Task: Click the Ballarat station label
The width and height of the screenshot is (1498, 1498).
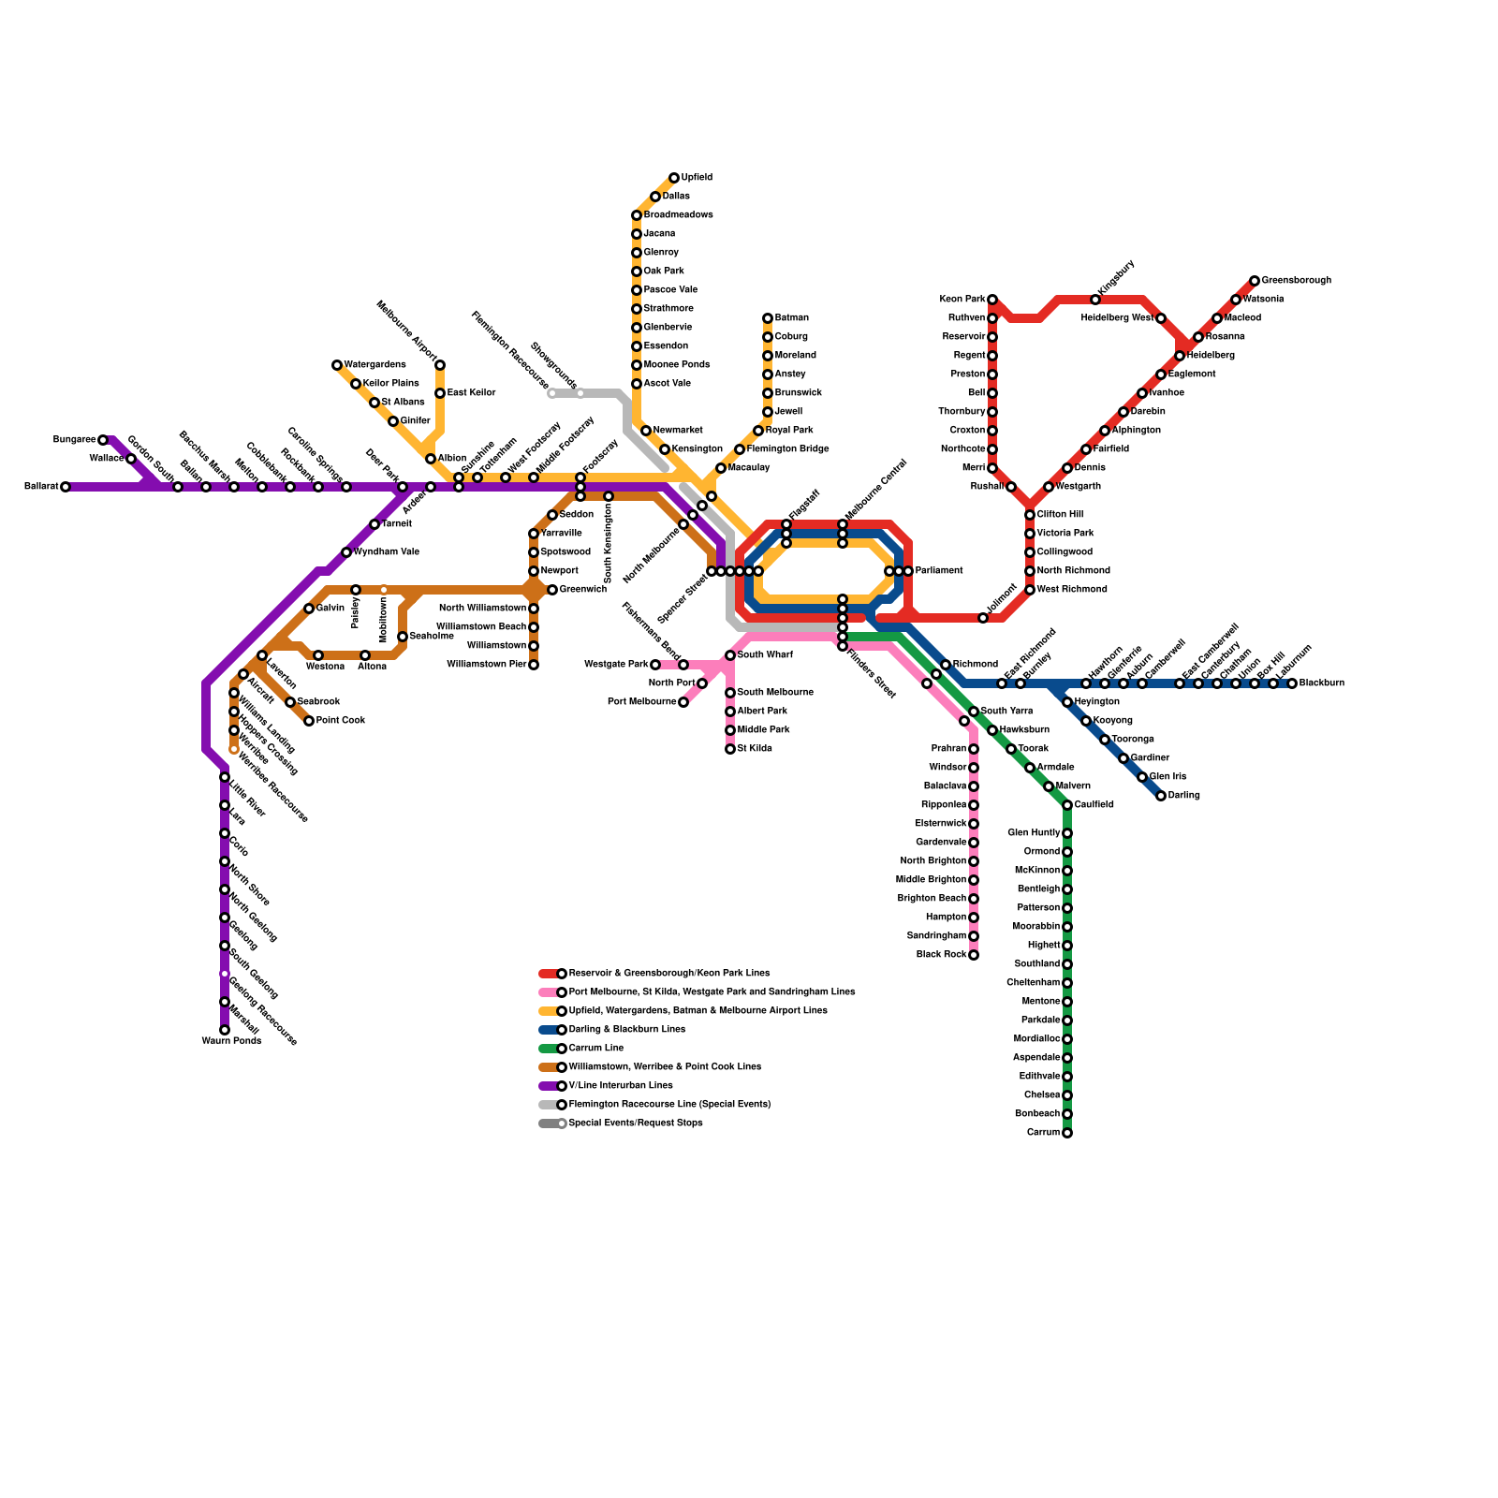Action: pos(41,487)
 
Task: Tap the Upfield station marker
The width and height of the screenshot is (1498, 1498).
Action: pos(674,178)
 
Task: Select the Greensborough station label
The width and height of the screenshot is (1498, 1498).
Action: pos(1296,281)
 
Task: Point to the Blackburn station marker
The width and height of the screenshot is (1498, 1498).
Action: pos(1292,683)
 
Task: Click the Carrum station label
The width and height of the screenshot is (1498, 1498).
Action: pos(1043,1133)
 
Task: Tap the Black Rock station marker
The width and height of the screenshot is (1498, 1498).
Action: pos(974,955)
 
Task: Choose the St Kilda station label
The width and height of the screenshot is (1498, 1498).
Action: pos(755,749)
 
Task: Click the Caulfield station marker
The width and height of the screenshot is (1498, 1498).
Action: pos(1067,805)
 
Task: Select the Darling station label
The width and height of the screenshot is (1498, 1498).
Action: pos(1184,796)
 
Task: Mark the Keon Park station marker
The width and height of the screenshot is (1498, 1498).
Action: pos(992,300)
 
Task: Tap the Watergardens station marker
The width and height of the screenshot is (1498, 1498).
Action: pos(337,365)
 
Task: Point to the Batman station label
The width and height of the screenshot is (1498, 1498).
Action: pos(792,318)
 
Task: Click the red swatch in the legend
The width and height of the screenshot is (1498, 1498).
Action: pos(548,974)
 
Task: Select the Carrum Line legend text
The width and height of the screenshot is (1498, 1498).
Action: pos(596,1049)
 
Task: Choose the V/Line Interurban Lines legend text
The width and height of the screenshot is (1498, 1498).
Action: pos(621,1086)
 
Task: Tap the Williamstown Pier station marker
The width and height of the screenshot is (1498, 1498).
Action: pos(534,665)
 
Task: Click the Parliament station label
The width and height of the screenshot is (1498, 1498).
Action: pos(939,571)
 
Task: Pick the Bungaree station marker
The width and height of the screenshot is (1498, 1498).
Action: pos(103,440)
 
